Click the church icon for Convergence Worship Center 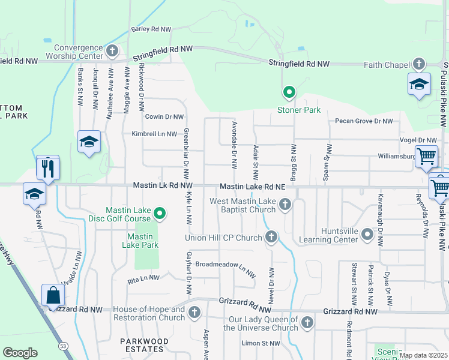(x=112, y=51)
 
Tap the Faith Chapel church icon (x=418, y=64)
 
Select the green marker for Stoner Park (x=289, y=92)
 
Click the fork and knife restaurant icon (x=47, y=167)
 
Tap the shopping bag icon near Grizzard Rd (x=53, y=296)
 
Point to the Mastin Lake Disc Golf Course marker (x=160, y=214)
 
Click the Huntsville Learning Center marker (x=367, y=237)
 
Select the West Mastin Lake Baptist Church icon (x=285, y=206)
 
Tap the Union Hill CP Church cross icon (x=271, y=237)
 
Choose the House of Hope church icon (x=194, y=313)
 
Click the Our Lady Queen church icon (x=307, y=323)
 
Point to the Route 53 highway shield (x=62, y=346)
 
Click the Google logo (x=20, y=353)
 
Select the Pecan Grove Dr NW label (x=364, y=121)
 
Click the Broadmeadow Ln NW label (x=221, y=265)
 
